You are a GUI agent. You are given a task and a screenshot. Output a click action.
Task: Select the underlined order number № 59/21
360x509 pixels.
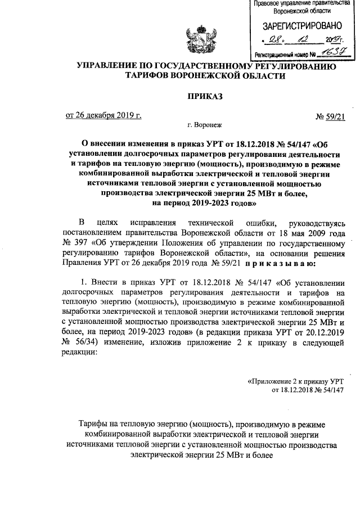(x=328, y=116)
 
